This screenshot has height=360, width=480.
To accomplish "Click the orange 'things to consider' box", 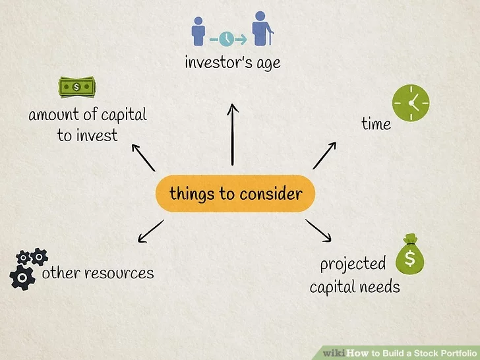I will click(x=235, y=194).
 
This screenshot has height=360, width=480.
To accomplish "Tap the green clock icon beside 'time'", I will click(x=411, y=103).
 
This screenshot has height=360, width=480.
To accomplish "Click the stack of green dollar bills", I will click(x=76, y=86).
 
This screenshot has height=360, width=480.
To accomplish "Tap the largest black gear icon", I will click(x=22, y=278).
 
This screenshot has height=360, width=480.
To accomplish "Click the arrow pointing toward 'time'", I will click(x=324, y=155).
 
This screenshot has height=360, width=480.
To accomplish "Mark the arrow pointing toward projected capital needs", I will click(x=318, y=229).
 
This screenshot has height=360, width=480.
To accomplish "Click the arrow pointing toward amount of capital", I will click(x=143, y=156).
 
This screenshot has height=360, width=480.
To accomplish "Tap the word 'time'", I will click(x=376, y=124).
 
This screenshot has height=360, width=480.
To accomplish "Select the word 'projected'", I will click(x=353, y=264).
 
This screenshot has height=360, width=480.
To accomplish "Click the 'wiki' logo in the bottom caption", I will click(x=335, y=353).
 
